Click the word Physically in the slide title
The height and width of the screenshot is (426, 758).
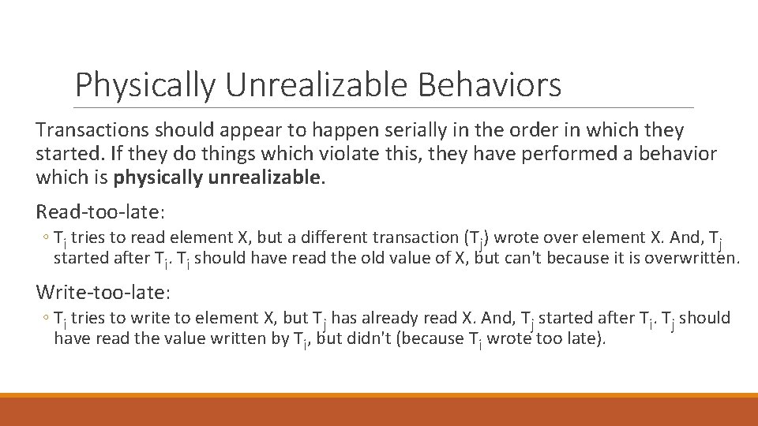point(143,85)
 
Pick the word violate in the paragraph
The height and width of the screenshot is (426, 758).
point(312,153)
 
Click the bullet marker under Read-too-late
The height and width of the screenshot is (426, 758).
point(46,237)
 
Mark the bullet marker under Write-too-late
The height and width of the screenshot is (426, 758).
point(46,319)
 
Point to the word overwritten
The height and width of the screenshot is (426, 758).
point(694,257)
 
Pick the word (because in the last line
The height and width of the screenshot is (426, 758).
point(451,338)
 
